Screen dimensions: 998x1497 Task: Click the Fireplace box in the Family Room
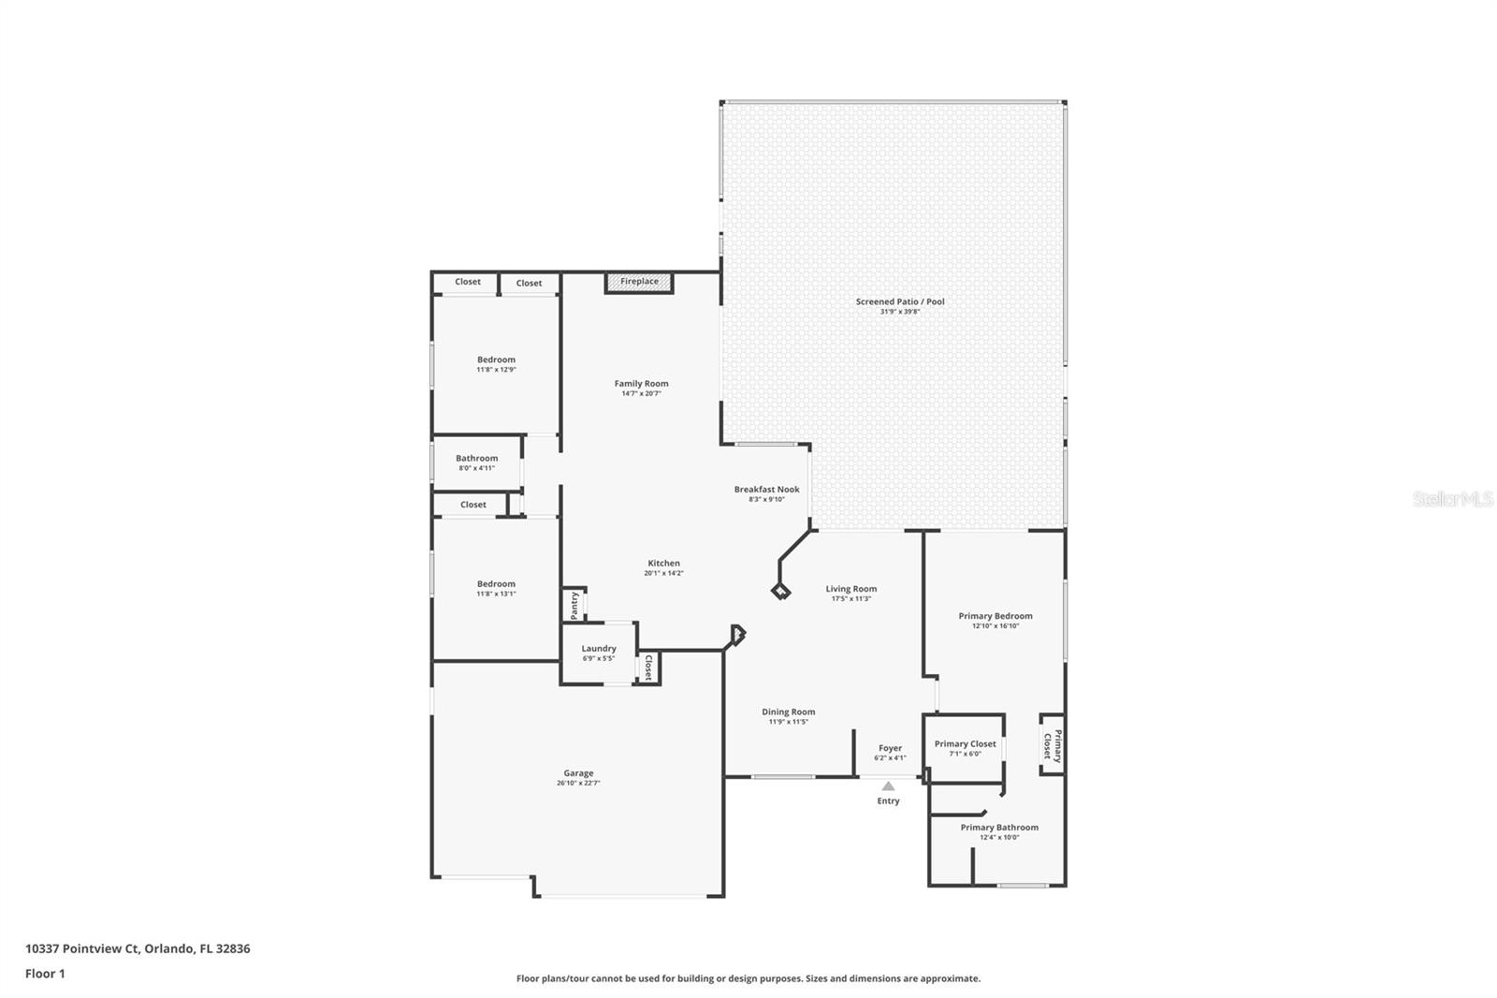pyautogui.click(x=639, y=282)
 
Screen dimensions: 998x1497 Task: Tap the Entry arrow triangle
pyautogui.click(x=888, y=786)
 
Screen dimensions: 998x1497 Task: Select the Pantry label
pyautogui.click(x=574, y=605)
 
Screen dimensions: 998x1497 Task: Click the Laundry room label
pyautogui.click(x=599, y=649)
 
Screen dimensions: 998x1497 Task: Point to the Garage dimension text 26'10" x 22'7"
pyautogui.click(x=578, y=783)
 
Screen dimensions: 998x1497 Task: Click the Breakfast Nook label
pyautogui.click(x=766, y=489)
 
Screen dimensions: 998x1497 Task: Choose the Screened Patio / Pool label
pyautogui.click(x=900, y=301)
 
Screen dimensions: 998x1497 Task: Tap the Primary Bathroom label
pyautogui.click(x=999, y=828)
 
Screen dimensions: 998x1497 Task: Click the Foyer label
pyautogui.click(x=890, y=748)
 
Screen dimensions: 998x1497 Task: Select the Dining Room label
pyautogui.click(x=788, y=712)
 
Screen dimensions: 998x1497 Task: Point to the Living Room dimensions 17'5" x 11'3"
pyautogui.click(x=851, y=598)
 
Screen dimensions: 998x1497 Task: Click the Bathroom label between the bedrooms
pyautogui.click(x=477, y=458)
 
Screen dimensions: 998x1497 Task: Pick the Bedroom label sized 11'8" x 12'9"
pyautogui.click(x=496, y=360)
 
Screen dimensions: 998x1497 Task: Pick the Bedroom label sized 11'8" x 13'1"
pyautogui.click(x=496, y=583)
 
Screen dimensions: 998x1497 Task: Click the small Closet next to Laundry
pyautogui.click(x=648, y=668)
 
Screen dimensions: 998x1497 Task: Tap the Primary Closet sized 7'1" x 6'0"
pyautogui.click(x=965, y=744)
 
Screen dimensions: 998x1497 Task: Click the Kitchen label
pyautogui.click(x=663, y=563)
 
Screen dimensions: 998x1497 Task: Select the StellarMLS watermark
pyautogui.click(x=1452, y=500)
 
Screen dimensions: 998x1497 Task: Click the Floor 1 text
pyautogui.click(x=45, y=974)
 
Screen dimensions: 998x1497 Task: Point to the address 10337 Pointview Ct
pyautogui.click(x=138, y=948)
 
